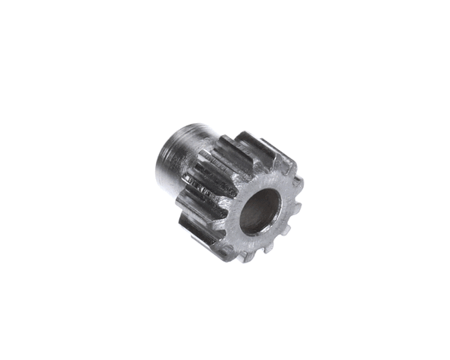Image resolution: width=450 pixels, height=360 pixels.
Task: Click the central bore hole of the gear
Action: coord(259,211)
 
